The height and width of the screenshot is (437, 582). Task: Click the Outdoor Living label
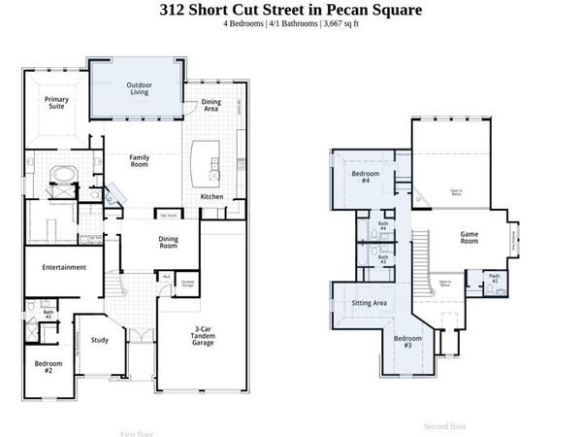(139, 89)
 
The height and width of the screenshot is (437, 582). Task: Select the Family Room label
(140, 161)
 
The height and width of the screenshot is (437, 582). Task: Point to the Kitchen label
(212, 197)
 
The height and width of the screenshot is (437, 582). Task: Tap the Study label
(100, 340)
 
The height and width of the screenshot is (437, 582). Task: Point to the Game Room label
(469, 237)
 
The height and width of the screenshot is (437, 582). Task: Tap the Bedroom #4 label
(366, 178)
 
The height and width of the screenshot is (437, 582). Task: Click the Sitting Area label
(369, 304)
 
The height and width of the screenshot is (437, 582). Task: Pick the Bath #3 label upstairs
(382, 259)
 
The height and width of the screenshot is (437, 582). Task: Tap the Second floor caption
(444, 425)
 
